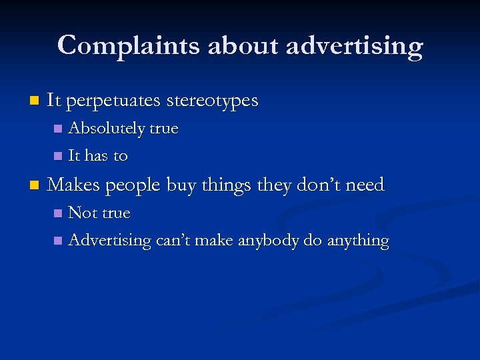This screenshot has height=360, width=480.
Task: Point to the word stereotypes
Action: [x=212, y=101]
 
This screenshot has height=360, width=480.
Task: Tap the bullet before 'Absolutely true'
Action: [x=58, y=129]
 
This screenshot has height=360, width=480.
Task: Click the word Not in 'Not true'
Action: [x=82, y=213]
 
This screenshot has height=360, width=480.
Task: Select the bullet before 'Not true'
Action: [x=58, y=214]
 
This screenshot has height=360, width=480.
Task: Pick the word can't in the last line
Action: [x=171, y=241]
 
